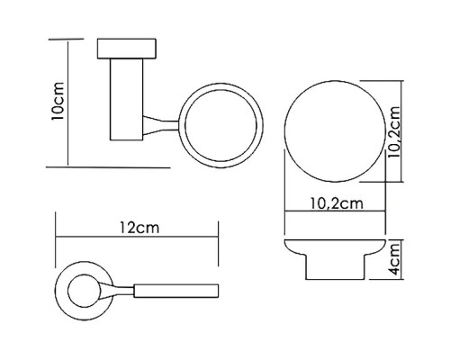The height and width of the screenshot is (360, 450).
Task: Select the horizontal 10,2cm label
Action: point(337,202)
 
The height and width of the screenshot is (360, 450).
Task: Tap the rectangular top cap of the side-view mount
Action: point(127,48)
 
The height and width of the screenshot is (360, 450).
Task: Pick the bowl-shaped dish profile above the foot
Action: point(337,248)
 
